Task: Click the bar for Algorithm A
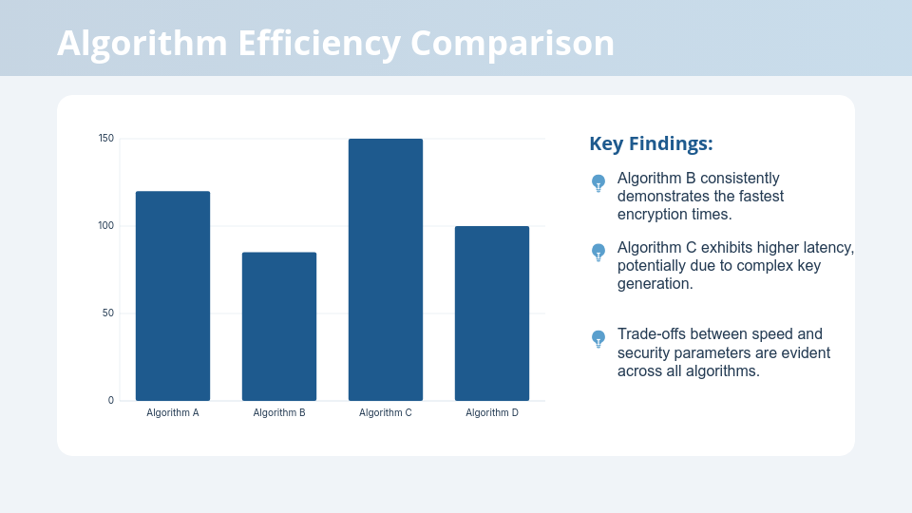pyautogui.click(x=173, y=295)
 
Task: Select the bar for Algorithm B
pyautogui.click(x=279, y=326)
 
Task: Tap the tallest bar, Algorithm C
pyautogui.click(x=386, y=270)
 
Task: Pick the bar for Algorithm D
pyautogui.click(x=492, y=313)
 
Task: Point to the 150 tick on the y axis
pyautogui.click(x=106, y=139)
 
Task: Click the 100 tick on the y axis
pyautogui.click(x=106, y=226)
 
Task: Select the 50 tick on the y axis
pyautogui.click(x=108, y=313)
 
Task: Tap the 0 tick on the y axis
pyautogui.click(x=110, y=400)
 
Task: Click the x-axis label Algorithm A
pyautogui.click(x=173, y=413)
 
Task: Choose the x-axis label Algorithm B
pyautogui.click(x=279, y=413)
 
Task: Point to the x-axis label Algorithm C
pyautogui.click(x=386, y=413)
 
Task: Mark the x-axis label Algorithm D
pyautogui.click(x=492, y=413)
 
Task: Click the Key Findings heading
pyautogui.click(x=651, y=143)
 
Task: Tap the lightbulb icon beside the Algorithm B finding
pyautogui.click(x=598, y=182)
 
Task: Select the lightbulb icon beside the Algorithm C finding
pyautogui.click(x=598, y=252)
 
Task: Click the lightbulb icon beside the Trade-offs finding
pyautogui.click(x=598, y=338)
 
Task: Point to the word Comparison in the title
pyautogui.click(x=513, y=44)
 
